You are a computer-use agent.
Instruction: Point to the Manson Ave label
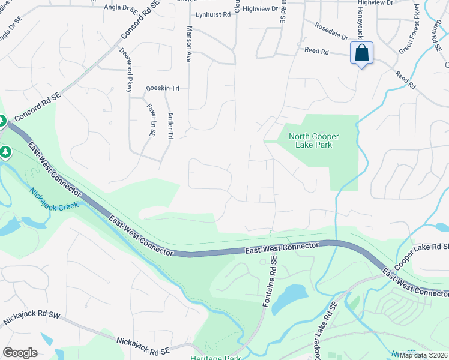(x=188, y=44)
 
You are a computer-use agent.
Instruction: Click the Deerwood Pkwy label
(x=125, y=70)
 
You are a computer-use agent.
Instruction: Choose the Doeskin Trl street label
(x=163, y=88)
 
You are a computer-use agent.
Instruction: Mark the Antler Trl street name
(x=170, y=126)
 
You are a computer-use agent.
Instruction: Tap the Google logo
(x=20, y=353)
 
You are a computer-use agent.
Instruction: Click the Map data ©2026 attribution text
(x=423, y=355)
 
